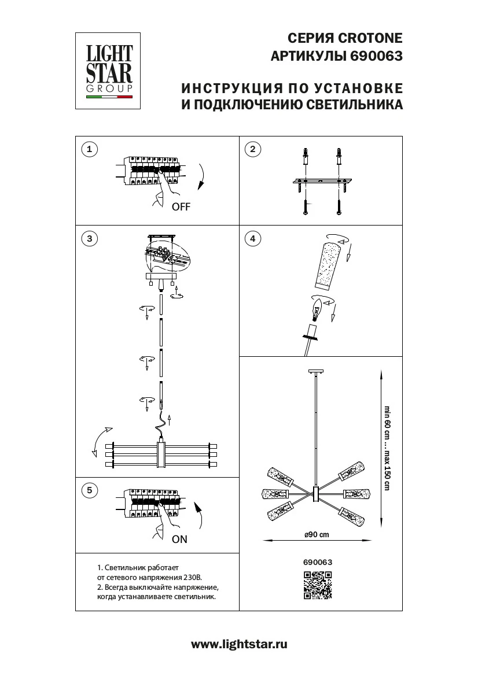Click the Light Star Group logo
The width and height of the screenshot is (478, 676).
click(109, 71)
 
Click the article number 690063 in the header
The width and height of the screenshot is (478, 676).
click(375, 57)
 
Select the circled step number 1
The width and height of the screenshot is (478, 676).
click(89, 150)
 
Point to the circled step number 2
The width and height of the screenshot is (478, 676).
click(252, 150)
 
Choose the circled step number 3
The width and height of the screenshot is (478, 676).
click(89, 238)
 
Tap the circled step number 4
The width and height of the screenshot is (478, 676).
click(252, 238)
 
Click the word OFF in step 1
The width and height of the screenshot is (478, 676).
click(181, 207)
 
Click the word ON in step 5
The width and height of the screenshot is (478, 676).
click(180, 539)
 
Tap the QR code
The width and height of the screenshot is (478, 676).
click(318, 585)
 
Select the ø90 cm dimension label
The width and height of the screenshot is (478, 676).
click(317, 534)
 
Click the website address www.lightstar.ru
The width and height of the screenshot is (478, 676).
click(239, 644)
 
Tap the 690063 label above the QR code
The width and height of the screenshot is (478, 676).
click(318, 561)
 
